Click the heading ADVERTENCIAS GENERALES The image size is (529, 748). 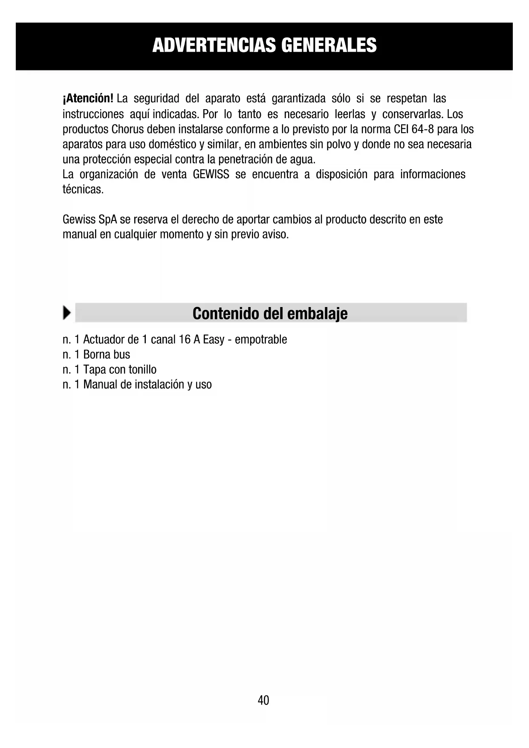click(264, 45)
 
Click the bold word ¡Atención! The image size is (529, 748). click(88, 99)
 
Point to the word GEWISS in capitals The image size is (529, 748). click(211, 174)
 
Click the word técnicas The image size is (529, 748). click(83, 189)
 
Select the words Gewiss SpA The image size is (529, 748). click(90, 220)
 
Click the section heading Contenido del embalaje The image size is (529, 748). click(270, 313)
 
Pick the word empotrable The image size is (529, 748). click(261, 340)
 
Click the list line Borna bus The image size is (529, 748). click(106, 354)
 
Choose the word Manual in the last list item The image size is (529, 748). click(100, 384)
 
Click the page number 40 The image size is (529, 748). click(263, 700)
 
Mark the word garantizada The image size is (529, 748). click(298, 99)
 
